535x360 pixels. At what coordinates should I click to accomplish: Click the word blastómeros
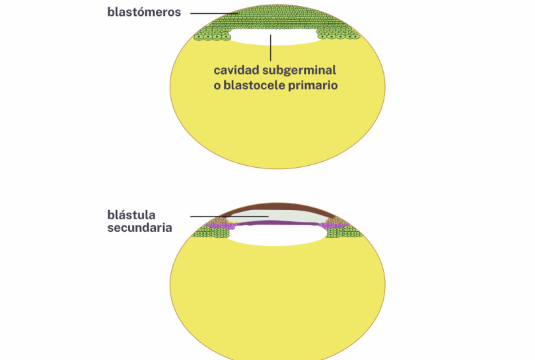pos(144,12)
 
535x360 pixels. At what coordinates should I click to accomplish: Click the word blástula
pos(131,215)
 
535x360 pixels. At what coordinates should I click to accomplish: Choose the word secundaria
pos(139,228)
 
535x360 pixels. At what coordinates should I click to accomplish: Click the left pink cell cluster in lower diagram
pos(223,227)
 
